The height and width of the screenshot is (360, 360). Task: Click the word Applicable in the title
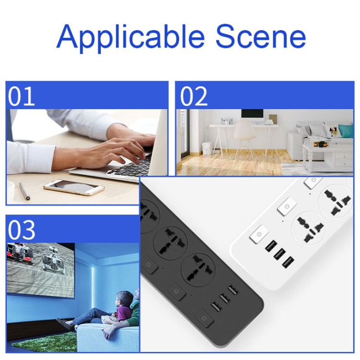pos(131,37)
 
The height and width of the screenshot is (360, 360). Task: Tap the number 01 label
pos(21,96)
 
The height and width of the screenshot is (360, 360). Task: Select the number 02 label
pos(193,96)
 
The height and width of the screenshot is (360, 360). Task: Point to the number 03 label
pos(21,230)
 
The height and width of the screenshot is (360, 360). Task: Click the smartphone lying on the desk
pos(74,187)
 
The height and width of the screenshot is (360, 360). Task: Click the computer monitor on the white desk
pos(252,116)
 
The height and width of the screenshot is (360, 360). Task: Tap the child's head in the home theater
pos(124,299)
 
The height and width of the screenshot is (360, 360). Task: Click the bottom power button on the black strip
pos(204,318)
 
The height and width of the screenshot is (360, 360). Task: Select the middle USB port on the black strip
pos(224,299)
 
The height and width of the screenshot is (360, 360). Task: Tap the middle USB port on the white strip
pos(279,254)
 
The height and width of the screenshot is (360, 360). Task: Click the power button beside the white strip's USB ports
pos(259,234)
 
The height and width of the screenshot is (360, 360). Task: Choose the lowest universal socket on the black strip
pos(198,269)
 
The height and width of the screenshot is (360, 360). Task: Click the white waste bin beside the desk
pos(206,149)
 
